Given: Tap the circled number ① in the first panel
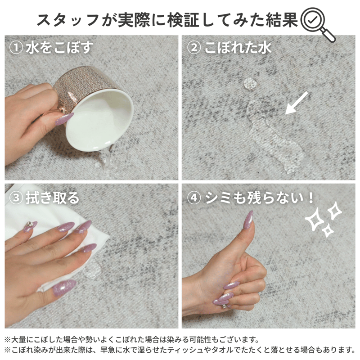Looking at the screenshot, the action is [x=16, y=48].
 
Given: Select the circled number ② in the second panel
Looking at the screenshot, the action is [x=194, y=48].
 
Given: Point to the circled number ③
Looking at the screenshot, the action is [x=16, y=198].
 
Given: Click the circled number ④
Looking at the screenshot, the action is [x=194, y=198].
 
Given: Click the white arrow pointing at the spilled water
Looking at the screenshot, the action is [x=297, y=103].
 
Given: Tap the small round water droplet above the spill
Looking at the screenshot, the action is [x=250, y=83].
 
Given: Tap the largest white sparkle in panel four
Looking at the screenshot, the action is [x=315, y=219].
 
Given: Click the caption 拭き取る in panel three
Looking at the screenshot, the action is [x=53, y=198].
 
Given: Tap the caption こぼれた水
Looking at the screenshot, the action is [x=238, y=48].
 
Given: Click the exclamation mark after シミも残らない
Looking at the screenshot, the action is [x=311, y=198].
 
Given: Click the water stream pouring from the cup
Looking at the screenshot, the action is [x=105, y=160].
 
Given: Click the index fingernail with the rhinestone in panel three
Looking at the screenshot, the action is [x=30, y=226].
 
